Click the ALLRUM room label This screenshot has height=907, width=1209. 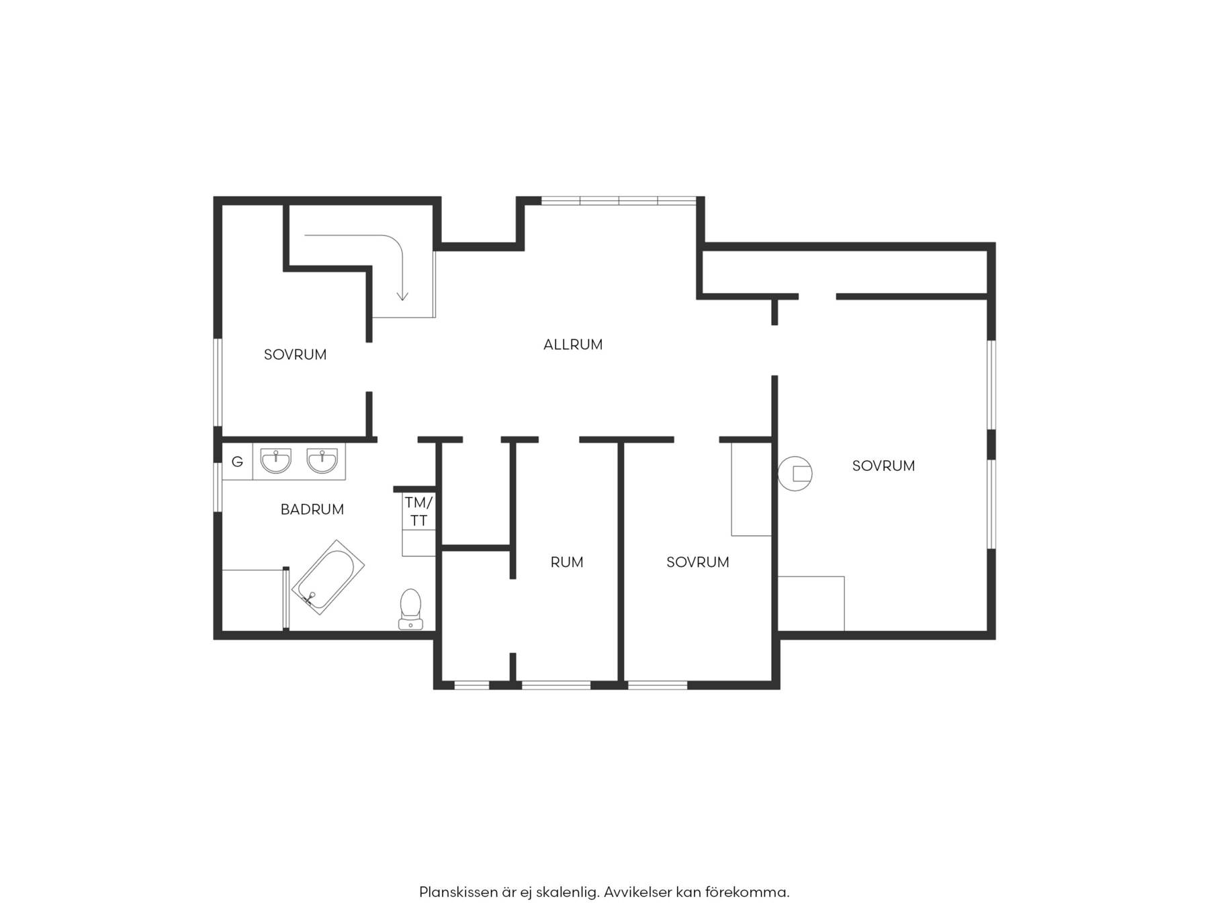[573, 345]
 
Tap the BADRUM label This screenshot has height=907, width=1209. [312, 509]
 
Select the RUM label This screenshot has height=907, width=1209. [567, 562]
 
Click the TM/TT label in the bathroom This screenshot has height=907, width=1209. [418, 511]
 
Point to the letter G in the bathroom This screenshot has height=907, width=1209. [237, 462]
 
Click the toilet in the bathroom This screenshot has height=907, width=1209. [410, 609]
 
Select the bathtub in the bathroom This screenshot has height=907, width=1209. [328, 577]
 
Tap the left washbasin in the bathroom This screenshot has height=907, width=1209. [276, 461]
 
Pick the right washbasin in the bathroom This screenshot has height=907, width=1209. [322, 461]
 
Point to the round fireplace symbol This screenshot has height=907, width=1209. [795, 474]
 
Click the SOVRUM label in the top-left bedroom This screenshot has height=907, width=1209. [295, 355]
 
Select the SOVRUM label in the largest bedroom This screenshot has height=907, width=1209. [883, 466]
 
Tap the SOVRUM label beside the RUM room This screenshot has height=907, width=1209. [698, 562]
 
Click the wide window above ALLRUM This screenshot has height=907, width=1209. [619, 200]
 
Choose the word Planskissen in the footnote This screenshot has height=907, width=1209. [459, 893]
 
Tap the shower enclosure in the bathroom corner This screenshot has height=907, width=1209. [255, 599]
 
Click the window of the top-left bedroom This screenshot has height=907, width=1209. [218, 382]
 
